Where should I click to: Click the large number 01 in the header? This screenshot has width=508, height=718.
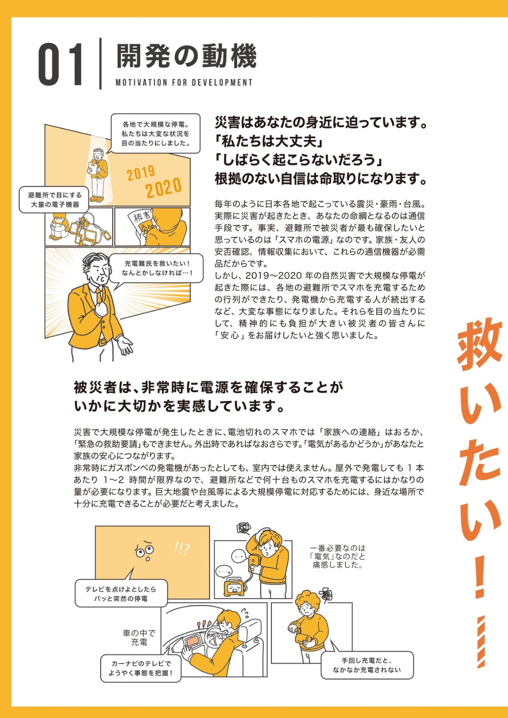coord(60,65)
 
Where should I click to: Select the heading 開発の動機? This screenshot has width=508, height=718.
coord(186,56)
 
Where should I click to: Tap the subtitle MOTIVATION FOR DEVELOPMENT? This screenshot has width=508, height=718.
coord(184,83)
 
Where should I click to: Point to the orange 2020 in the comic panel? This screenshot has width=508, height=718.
coord(164,188)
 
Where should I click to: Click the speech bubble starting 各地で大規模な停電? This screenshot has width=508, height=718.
coord(156,134)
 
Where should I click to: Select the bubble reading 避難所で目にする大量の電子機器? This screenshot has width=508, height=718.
coord(54,200)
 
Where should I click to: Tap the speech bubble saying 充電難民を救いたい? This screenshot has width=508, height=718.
coord(157,268)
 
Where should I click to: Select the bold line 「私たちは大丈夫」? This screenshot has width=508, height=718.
coord(270,141)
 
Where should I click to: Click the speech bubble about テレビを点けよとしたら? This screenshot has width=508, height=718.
coord(121,594)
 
